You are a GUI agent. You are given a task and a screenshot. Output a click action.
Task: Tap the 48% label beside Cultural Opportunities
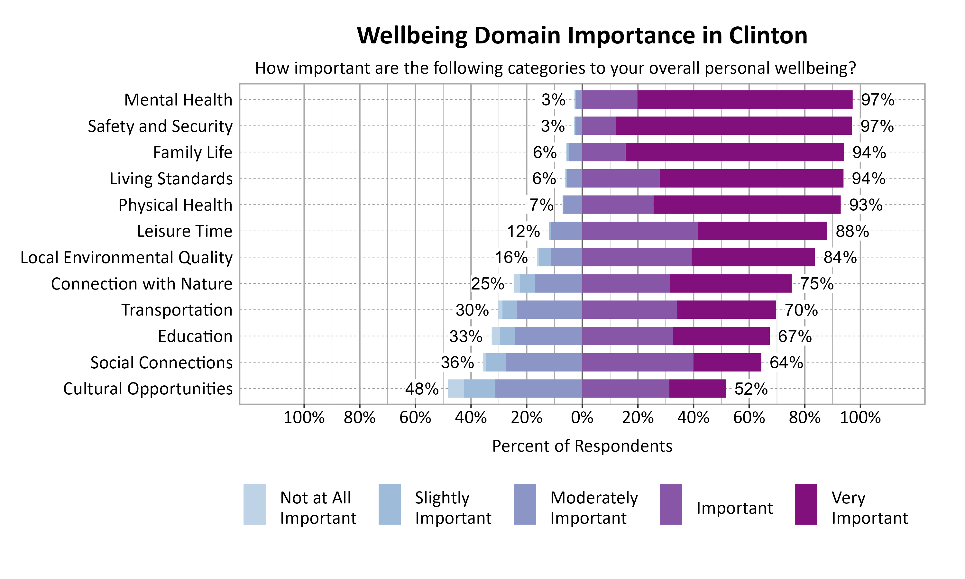(x=422, y=389)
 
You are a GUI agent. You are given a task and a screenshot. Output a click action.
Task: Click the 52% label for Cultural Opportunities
(x=750, y=389)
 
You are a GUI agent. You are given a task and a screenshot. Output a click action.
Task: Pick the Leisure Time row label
(x=185, y=231)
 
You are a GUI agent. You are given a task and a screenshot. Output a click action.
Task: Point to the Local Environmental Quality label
(x=126, y=258)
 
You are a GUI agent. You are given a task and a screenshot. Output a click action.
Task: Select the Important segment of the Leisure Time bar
(x=640, y=231)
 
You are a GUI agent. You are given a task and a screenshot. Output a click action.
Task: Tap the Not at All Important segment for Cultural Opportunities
(x=455, y=389)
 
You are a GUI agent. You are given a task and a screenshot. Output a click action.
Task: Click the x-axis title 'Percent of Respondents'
(x=582, y=446)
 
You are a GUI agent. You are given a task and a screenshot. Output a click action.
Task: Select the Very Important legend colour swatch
(x=806, y=504)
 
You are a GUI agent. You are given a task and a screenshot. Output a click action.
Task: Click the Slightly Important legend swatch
(x=389, y=504)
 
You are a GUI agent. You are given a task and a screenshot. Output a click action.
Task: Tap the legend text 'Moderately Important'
(x=594, y=508)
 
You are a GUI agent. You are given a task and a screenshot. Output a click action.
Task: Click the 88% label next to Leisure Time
(x=852, y=231)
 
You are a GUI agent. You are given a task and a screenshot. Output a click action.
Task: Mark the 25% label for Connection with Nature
(x=487, y=284)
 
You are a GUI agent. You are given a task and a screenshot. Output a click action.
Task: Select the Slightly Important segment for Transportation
(x=509, y=310)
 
